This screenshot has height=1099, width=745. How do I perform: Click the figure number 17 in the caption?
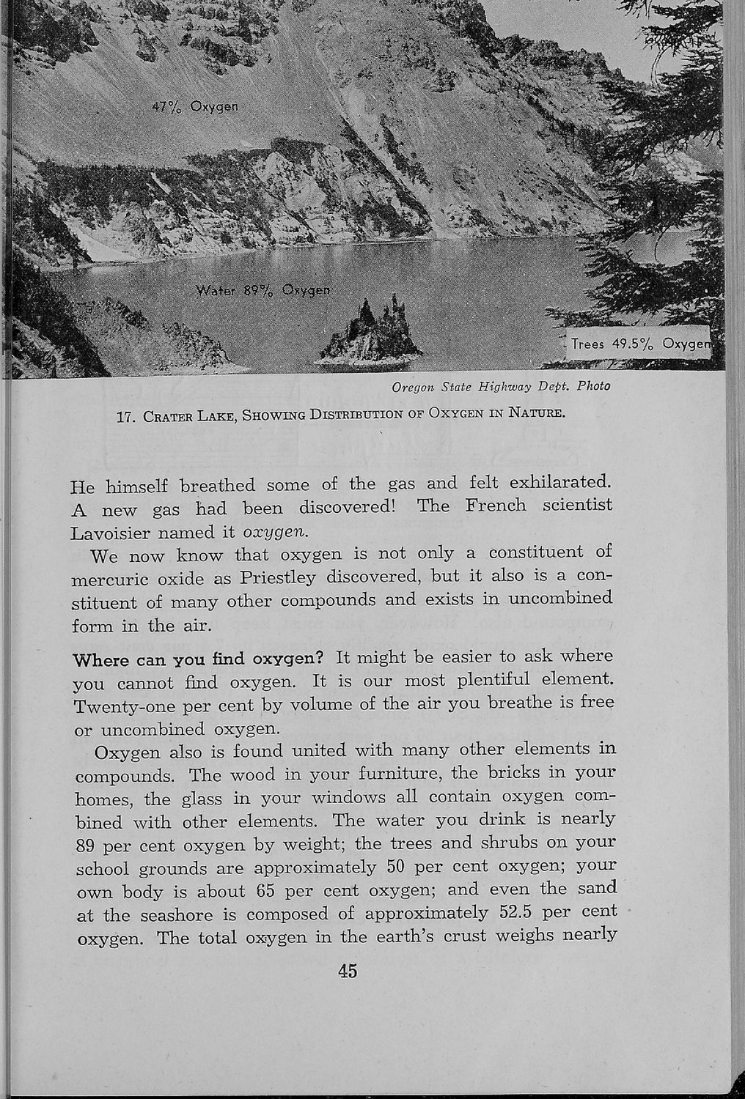[125, 417]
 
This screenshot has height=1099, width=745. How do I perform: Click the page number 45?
[348, 972]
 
